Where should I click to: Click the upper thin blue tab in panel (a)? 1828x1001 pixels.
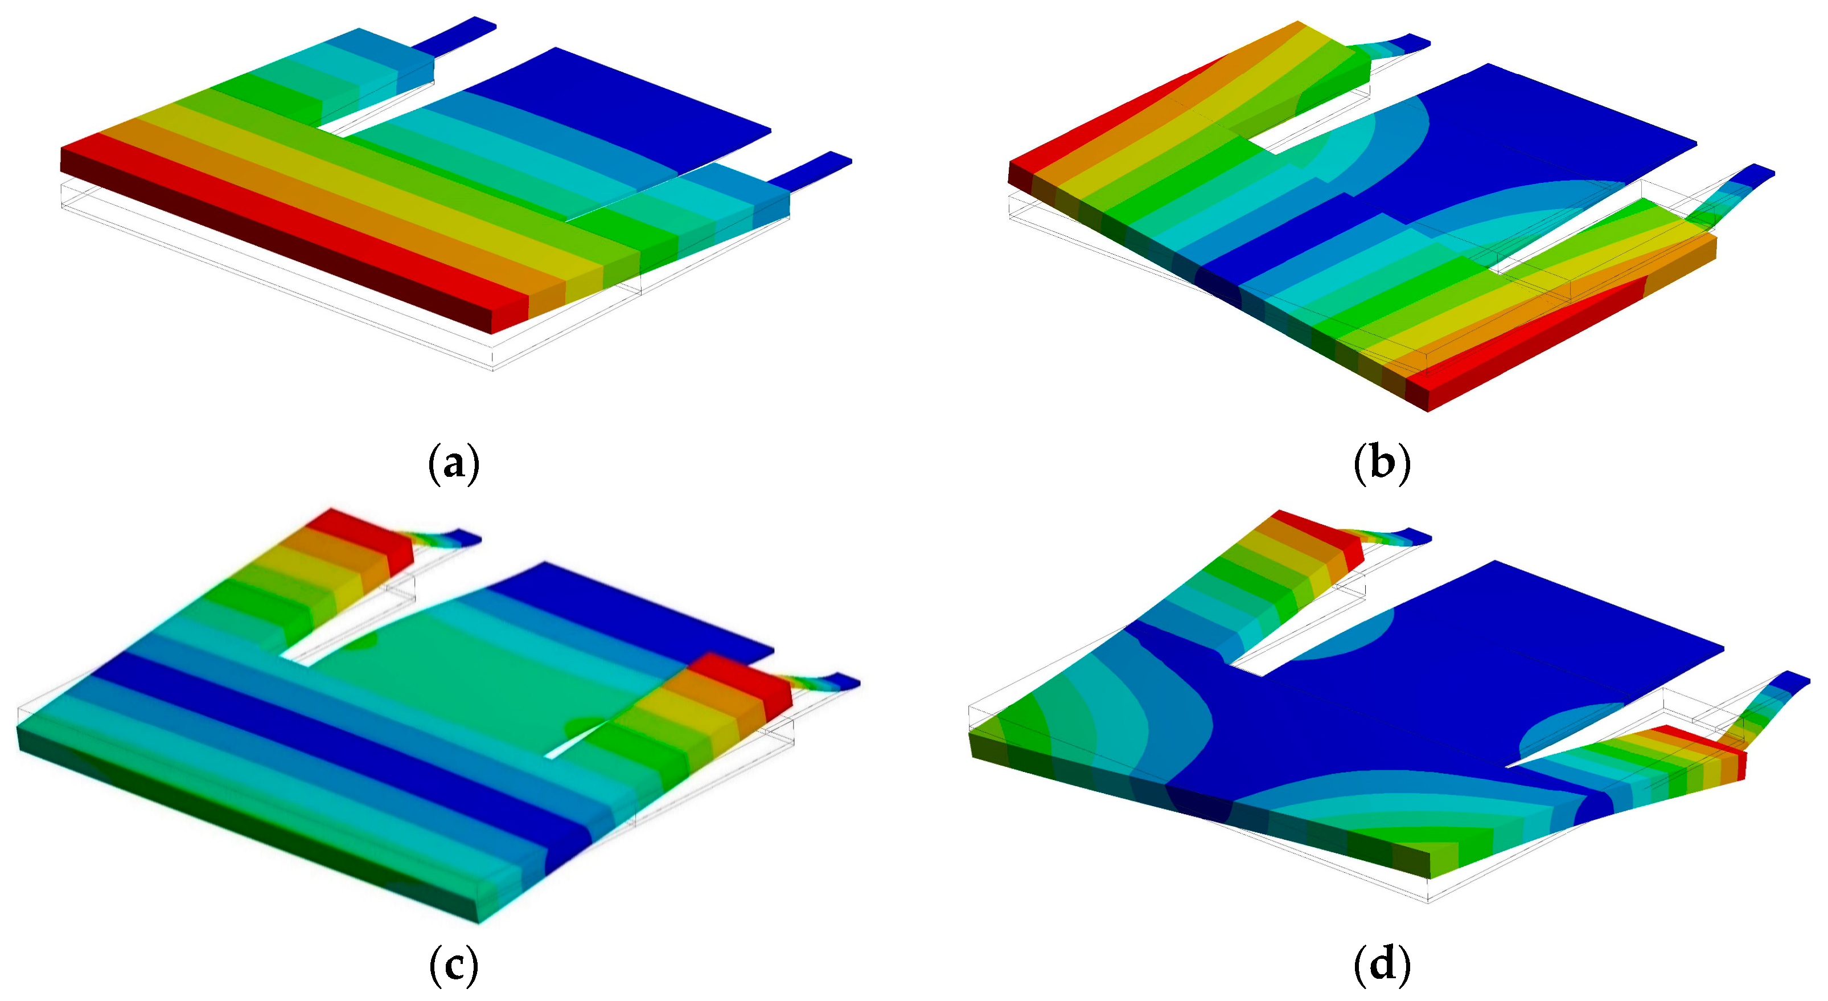click(454, 35)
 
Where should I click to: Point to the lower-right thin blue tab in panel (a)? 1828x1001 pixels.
click(811, 170)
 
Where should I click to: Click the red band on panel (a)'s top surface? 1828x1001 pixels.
click(298, 227)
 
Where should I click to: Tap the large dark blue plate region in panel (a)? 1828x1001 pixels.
click(625, 107)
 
